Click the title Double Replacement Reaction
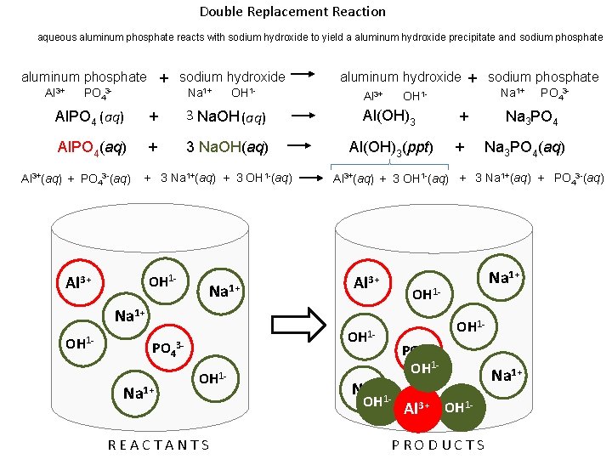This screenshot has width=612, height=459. [292, 12]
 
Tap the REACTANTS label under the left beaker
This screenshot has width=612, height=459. [160, 445]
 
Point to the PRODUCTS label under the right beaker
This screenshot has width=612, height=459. [439, 445]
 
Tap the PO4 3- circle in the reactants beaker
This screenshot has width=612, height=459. [167, 348]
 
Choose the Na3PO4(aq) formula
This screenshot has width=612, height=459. [524, 147]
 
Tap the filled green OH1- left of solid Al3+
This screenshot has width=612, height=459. [376, 400]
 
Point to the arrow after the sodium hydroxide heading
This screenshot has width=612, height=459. [310, 76]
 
